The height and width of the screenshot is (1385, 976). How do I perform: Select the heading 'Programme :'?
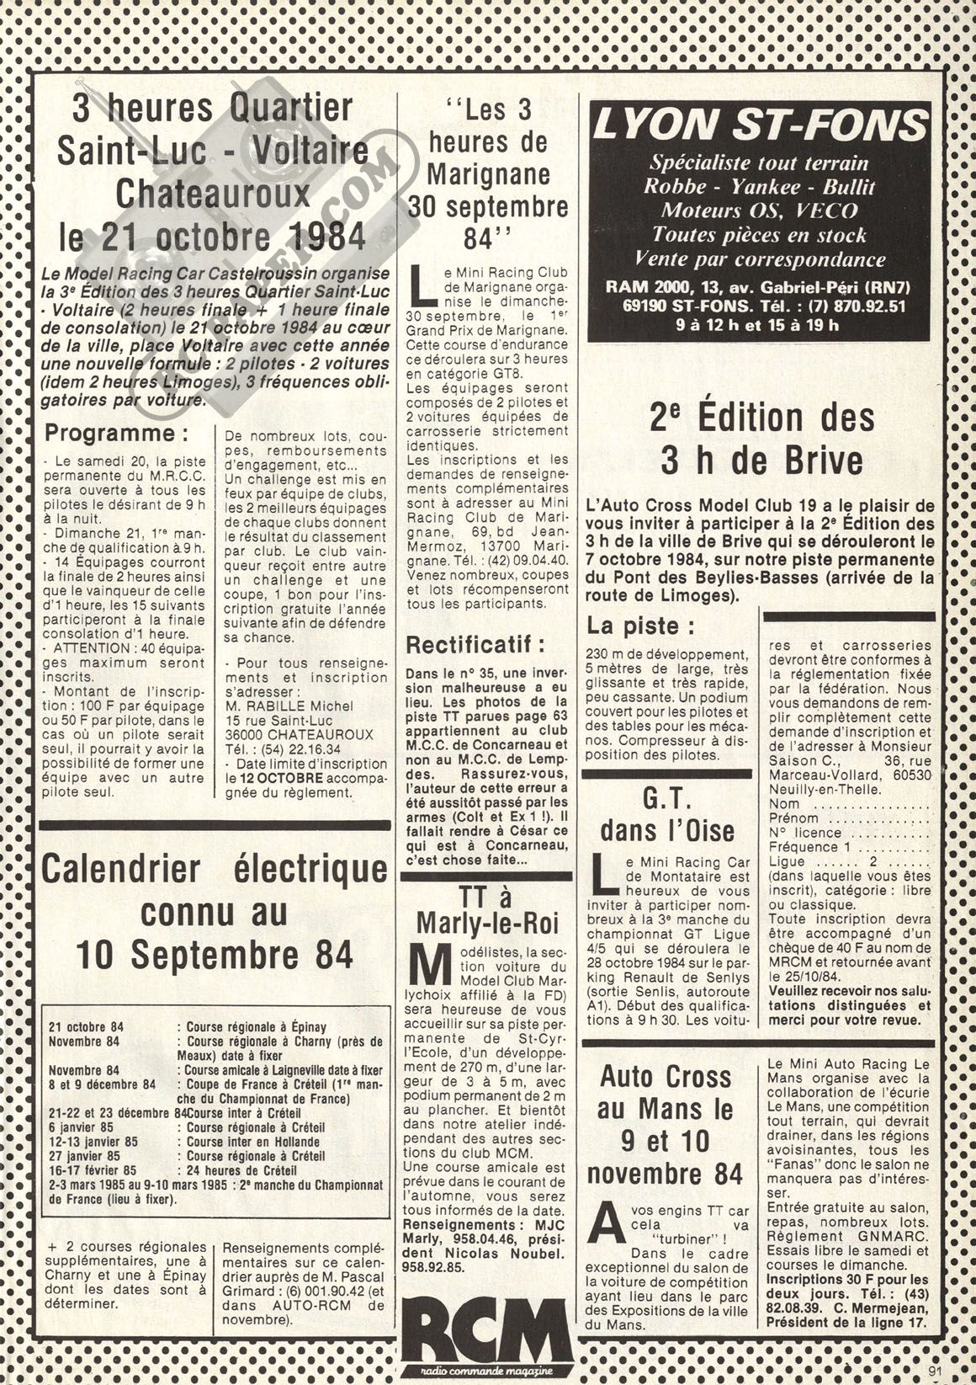pyautogui.click(x=116, y=434)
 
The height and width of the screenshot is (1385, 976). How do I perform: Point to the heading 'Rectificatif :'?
pyautogui.click(x=475, y=646)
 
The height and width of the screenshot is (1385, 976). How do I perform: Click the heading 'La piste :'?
pyautogui.click(x=641, y=626)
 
